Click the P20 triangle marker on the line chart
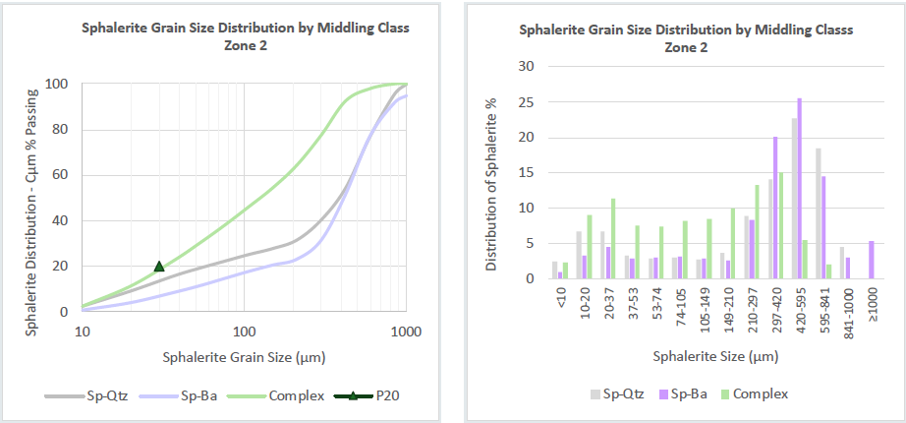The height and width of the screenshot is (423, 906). [159, 266]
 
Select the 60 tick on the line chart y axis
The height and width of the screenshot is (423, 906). [60, 174]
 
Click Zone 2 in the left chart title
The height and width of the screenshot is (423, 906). [245, 45]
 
